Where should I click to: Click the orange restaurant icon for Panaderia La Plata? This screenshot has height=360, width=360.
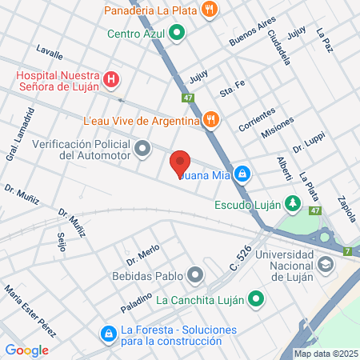210,10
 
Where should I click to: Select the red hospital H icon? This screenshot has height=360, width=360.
112,80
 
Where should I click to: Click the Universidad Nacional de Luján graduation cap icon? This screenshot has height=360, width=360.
326,263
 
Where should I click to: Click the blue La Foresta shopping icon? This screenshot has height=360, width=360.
107,333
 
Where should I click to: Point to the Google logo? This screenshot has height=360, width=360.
26,350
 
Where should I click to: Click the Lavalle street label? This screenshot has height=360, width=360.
50,54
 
